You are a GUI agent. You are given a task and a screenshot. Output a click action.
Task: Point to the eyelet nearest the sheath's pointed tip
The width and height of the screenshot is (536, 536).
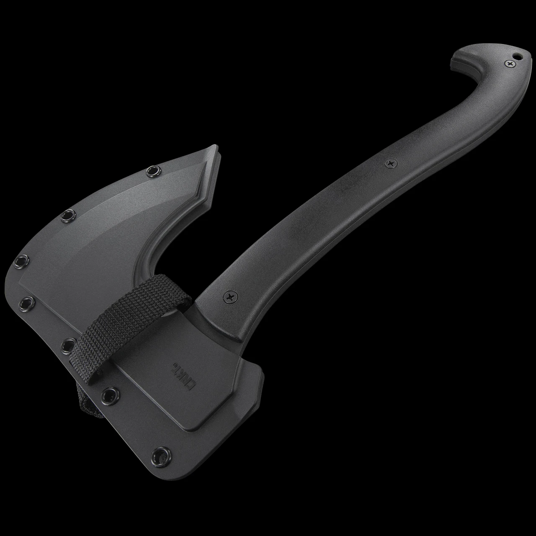click(x=152, y=170)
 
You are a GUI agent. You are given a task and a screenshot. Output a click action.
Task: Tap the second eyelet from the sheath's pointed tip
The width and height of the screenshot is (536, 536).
click(x=66, y=216)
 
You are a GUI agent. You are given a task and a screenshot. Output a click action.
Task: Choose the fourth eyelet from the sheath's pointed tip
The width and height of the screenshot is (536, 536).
click(x=26, y=301)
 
